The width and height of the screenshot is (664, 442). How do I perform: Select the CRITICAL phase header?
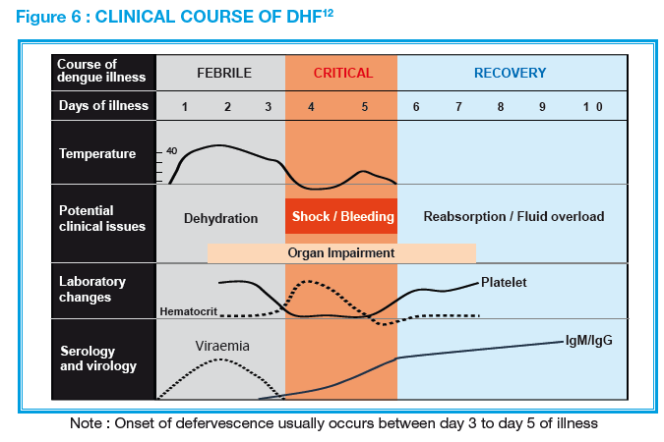pyautogui.click(x=343, y=74)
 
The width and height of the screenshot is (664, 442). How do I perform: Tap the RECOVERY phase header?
pyautogui.click(x=510, y=74)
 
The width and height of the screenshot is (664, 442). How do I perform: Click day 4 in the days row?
pyautogui.click(x=312, y=106)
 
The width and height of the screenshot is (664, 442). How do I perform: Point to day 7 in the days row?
pyautogui.click(x=458, y=106)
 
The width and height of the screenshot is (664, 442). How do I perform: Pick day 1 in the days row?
pyautogui.click(x=184, y=106)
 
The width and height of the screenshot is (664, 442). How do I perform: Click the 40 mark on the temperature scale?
pyautogui.click(x=171, y=150)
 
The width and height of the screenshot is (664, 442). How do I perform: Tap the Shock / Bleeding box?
pyautogui.click(x=341, y=216)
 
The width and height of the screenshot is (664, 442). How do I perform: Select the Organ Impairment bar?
pyautogui.click(x=341, y=252)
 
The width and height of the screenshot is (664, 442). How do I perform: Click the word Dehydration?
pyautogui.click(x=220, y=218)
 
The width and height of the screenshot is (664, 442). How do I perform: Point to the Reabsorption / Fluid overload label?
pyautogui.click(x=513, y=216)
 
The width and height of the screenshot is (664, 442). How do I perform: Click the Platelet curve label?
pyautogui.click(x=505, y=283)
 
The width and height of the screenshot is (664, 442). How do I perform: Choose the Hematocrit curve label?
pyautogui.click(x=187, y=312)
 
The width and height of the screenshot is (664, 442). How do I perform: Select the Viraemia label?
pyautogui.click(x=221, y=347)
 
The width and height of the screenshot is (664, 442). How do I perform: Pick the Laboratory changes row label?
pyautogui.click(x=92, y=289)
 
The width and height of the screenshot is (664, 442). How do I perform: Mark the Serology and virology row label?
pyautogui.click(x=97, y=359)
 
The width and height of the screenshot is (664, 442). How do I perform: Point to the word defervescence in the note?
pyautogui.click(x=283, y=424)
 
